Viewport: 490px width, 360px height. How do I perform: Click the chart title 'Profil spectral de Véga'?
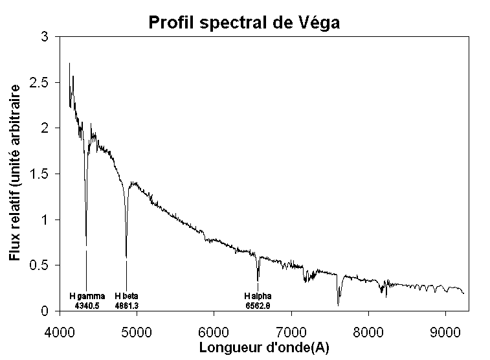[245, 23]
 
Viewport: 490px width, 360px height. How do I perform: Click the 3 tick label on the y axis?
[45, 38]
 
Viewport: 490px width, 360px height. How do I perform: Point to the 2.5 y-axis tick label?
[40, 83]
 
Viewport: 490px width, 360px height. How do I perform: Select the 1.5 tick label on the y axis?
[40, 174]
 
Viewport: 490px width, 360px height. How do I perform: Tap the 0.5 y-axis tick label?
[40, 265]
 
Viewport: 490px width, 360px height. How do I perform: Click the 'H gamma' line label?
[87, 296]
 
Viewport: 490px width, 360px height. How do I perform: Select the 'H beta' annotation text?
[126, 296]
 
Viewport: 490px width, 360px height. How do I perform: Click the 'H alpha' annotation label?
[258, 296]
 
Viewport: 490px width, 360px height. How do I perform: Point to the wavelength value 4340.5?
[87, 304]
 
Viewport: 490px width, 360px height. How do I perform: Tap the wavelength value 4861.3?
[126, 304]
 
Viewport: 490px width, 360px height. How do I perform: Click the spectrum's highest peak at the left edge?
[69, 63]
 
